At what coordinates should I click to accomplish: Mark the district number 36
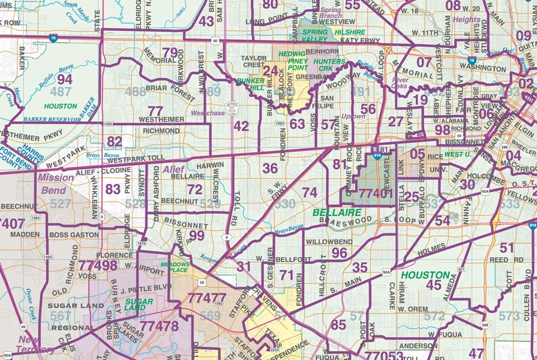[270, 168]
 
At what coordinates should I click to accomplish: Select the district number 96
[340, 252]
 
